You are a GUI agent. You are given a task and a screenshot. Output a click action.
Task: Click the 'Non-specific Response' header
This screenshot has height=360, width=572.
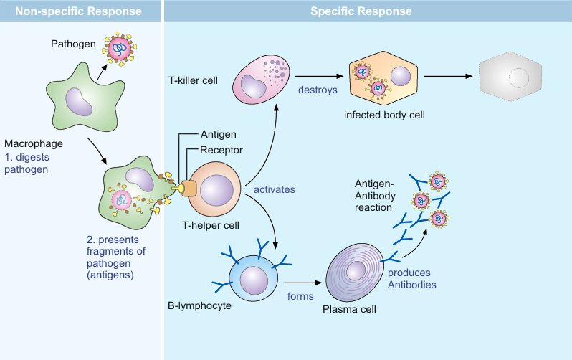[x=80, y=11]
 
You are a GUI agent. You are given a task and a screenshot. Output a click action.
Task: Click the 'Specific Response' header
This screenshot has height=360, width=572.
[x=361, y=11]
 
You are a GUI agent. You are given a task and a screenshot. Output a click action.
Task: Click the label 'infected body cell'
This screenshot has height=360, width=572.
[x=380, y=114]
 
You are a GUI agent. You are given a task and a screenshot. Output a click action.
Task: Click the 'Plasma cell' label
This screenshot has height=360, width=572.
[x=351, y=309]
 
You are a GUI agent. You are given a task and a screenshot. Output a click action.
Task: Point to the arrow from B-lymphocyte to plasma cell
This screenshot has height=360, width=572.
[x=300, y=281]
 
